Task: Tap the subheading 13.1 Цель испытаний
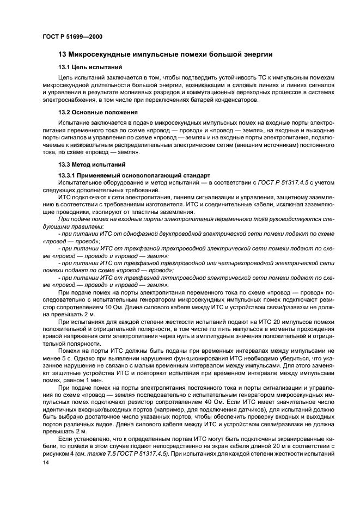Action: coord(87,67)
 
